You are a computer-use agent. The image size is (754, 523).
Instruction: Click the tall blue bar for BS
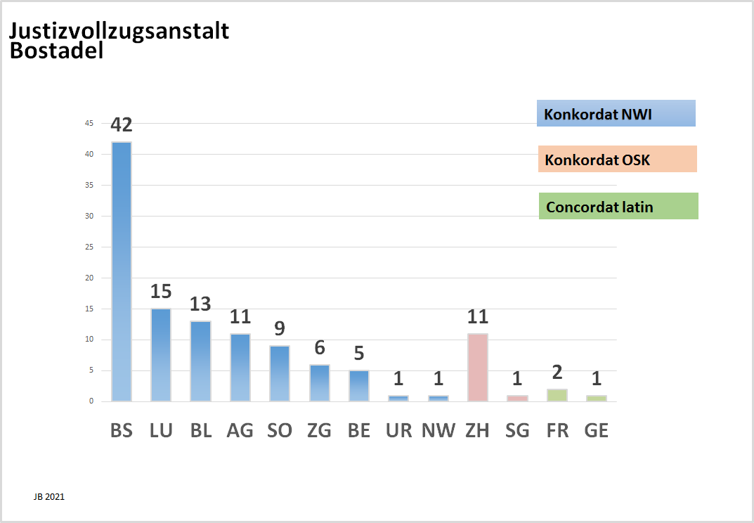[x=122, y=271]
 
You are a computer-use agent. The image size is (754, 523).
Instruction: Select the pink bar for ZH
[x=478, y=367]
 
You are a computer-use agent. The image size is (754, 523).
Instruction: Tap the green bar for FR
[x=557, y=395]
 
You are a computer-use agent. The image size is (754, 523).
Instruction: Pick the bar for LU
[x=161, y=354]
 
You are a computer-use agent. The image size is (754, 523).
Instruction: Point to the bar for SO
[x=280, y=373]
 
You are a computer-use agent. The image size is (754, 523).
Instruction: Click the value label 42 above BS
[x=122, y=125]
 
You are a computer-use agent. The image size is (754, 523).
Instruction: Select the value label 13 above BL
[x=201, y=304]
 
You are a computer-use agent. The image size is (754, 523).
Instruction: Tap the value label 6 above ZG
[x=320, y=347]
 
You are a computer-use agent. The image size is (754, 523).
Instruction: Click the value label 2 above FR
[x=557, y=373]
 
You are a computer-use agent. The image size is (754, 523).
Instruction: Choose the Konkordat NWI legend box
[x=616, y=113]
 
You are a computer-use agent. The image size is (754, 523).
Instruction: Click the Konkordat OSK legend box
[x=617, y=159]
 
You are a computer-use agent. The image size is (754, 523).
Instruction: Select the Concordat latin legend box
[x=618, y=206]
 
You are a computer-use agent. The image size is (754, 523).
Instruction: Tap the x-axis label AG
[x=240, y=430]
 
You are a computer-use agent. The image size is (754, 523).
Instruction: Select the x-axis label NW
[x=438, y=430]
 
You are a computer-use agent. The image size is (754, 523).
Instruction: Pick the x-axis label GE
[x=597, y=430]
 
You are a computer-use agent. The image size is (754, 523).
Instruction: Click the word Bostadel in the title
[x=56, y=51]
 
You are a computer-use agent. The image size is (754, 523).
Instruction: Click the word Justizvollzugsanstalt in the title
[x=119, y=32]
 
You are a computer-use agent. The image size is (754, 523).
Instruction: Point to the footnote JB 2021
[x=48, y=496]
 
